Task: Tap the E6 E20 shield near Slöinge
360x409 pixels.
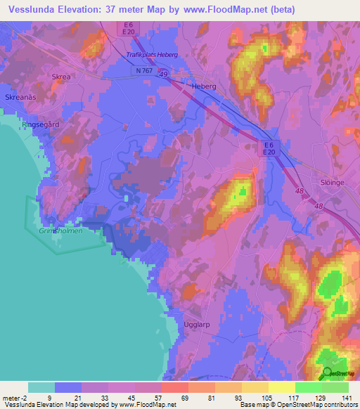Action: pos(268,148)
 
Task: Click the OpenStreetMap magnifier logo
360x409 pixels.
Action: pos(328,373)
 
